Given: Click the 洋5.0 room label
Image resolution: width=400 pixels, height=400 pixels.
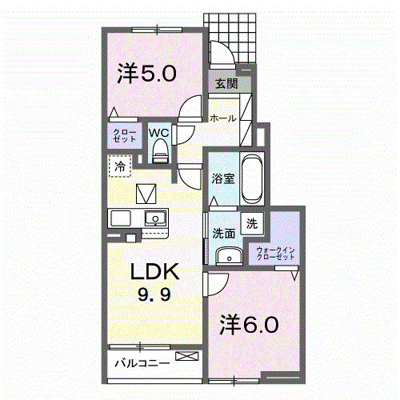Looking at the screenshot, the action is tap(146, 74).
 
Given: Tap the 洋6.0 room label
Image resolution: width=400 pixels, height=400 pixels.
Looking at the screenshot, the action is tap(249, 325).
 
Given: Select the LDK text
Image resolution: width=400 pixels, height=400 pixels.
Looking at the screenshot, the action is tap(154, 271).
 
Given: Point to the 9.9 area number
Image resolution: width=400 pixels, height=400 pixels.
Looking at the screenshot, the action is tap(154, 295).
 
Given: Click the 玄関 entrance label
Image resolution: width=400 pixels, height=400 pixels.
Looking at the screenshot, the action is tap(226, 84).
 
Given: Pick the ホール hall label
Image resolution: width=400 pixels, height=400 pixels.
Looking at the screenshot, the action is tap(223, 118).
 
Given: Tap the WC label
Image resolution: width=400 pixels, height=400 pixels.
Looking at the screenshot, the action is tap(159, 133).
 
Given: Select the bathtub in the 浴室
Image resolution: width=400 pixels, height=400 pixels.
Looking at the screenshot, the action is tap(252, 179).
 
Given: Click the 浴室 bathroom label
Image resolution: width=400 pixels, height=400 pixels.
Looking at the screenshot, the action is tap(223, 178).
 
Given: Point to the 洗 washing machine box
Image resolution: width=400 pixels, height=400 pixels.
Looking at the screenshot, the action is tap(252, 223).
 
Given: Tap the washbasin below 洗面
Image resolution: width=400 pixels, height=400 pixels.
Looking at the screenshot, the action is tap(230, 256).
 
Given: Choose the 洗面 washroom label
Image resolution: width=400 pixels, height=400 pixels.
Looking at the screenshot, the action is tap(224, 234).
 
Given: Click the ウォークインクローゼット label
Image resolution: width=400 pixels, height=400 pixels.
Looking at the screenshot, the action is tap(275, 254).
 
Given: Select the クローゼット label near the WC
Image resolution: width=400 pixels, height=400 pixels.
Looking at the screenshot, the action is tap(125, 135).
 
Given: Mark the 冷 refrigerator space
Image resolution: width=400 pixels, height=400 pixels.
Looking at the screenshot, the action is tap(120, 166).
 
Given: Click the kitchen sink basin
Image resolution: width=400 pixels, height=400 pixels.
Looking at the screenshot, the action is tap(155, 218).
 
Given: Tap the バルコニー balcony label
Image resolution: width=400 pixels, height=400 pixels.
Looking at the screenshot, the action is tap(142, 363).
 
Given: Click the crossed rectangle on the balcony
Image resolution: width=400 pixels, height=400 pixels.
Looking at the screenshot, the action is tap(187, 356).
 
